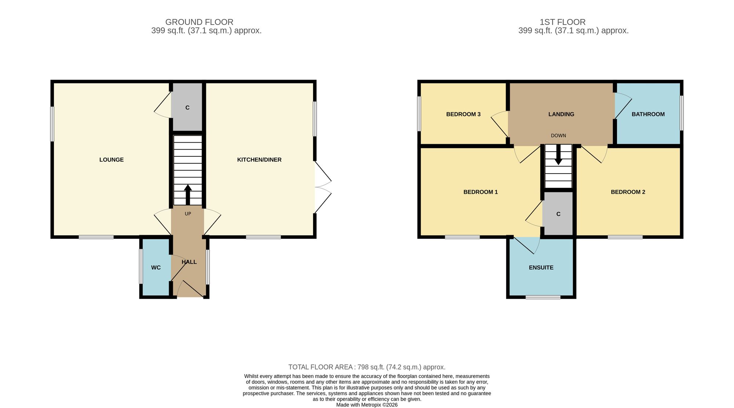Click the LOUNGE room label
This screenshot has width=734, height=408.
coord(112,160)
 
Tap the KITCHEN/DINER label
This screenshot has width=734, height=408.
coord(259,160)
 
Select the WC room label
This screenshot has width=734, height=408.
coord(156,267)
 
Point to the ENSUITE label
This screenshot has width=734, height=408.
coord(541,267)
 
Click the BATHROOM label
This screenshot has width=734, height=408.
coord(648,114)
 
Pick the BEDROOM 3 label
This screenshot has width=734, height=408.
coord(463,114)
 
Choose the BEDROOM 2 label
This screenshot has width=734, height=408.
coord(628,192)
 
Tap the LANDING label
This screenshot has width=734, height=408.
coord(561,114)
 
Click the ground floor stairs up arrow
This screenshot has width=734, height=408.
coord(188,195)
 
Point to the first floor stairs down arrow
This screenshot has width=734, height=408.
coord(558,154)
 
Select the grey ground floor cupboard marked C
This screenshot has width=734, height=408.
coord(188,107)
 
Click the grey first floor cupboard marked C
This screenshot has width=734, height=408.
coord(558,214)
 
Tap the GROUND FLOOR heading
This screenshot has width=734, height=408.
coord(199,22)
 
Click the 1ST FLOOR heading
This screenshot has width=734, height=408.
coord(563,22)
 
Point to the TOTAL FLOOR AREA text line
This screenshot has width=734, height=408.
coord(367,367)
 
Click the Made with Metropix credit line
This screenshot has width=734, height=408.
coord(367,405)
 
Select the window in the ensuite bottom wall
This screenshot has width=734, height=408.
coord(543,297)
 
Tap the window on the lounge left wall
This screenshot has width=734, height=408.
coord(52,124)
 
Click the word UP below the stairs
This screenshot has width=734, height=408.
coord(188,214)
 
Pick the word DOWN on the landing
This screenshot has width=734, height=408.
coord(558,136)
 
